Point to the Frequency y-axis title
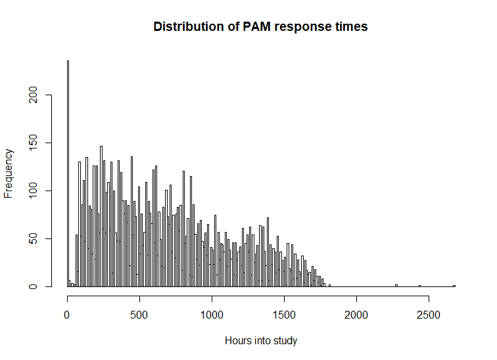coord(9,173)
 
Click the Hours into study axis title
coord(261,341)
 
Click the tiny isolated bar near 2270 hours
coord(396,285)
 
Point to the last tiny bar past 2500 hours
coord(454,286)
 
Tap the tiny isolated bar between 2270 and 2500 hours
coord(419,286)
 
